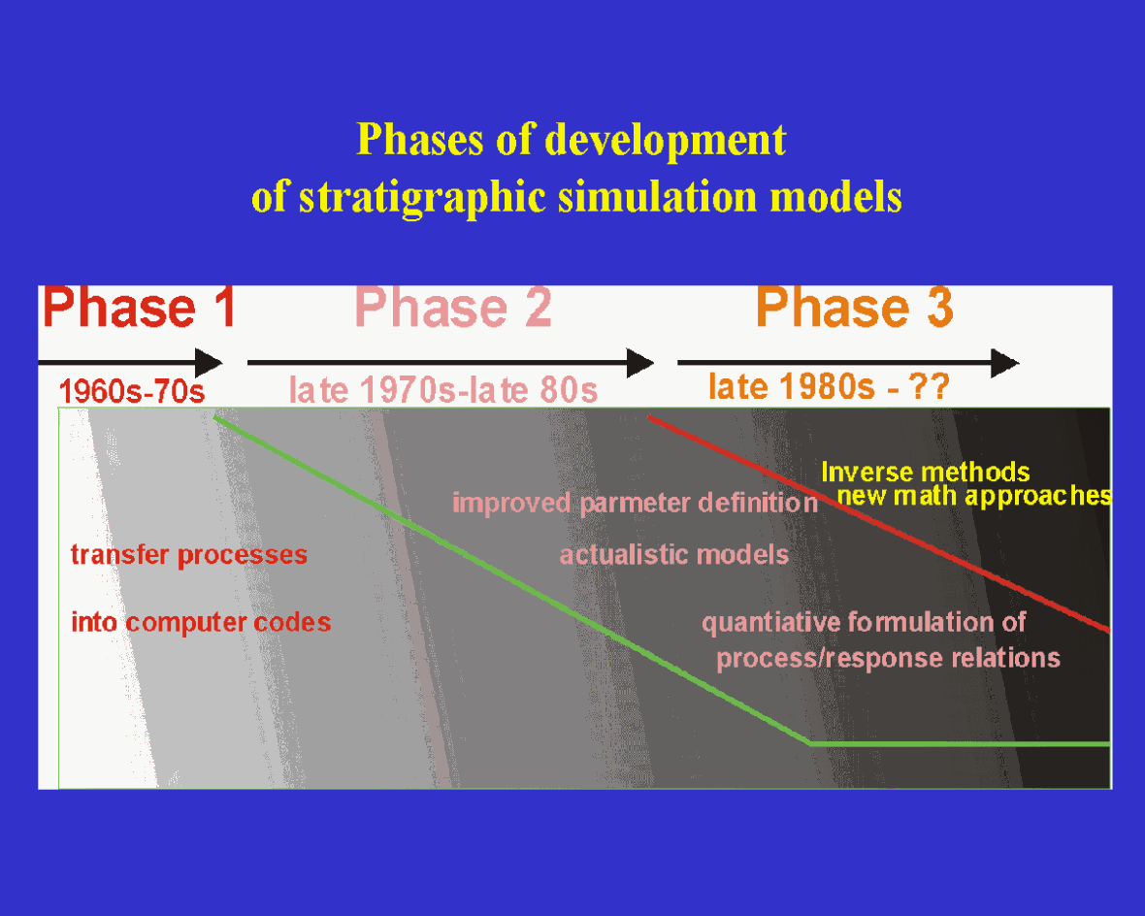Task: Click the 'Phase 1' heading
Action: pyautogui.click(x=140, y=309)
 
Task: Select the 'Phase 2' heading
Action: pyautogui.click(x=454, y=309)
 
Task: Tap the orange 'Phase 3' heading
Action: pyautogui.click(x=854, y=309)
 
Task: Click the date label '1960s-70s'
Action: pyautogui.click(x=131, y=391)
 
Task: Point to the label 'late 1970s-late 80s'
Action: pyautogui.click(x=443, y=390)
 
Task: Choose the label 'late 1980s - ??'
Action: pyautogui.click(x=829, y=387)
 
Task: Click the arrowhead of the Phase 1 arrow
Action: pyautogui.click(x=209, y=363)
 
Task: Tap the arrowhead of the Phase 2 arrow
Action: pyautogui.click(x=639, y=363)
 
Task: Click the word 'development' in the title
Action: pyautogui.click(x=665, y=140)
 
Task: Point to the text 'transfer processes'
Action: pyautogui.click(x=189, y=555)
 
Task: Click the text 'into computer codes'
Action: pyautogui.click(x=201, y=622)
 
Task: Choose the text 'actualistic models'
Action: pyautogui.click(x=674, y=555)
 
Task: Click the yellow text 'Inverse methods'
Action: pyautogui.click(x=925, y=473)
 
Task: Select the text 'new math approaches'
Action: pyautogui.click(x=974, y=497)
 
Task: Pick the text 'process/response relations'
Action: pyautogui.click(x=888, y=658)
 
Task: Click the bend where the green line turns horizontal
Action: pyautogui.click(x=810, y=743)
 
